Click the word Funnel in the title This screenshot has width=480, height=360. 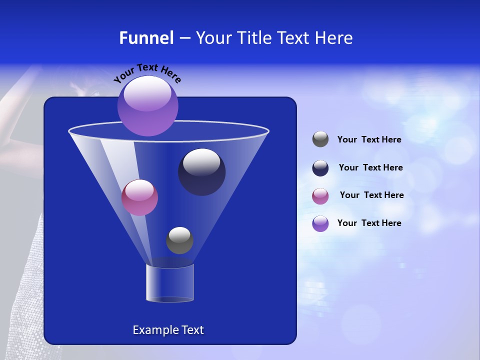point(146,37)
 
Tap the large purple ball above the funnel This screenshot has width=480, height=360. point(148,106)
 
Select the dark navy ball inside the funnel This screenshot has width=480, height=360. point(201,172)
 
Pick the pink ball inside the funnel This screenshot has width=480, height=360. point(139,197)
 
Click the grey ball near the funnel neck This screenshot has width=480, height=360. point(179,240)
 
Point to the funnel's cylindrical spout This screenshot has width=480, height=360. point(169,283)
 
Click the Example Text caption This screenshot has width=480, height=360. point(168,330)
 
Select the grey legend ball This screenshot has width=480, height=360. point(320,139)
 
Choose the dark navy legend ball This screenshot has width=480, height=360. point(320,168)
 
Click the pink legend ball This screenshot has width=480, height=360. point(320,196)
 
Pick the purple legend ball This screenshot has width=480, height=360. point(320,223)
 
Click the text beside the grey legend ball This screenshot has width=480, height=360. point(369,140)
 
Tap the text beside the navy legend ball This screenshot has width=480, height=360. point(370,167)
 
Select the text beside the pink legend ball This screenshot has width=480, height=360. point(371,195)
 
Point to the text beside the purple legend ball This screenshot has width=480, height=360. point(369,223)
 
